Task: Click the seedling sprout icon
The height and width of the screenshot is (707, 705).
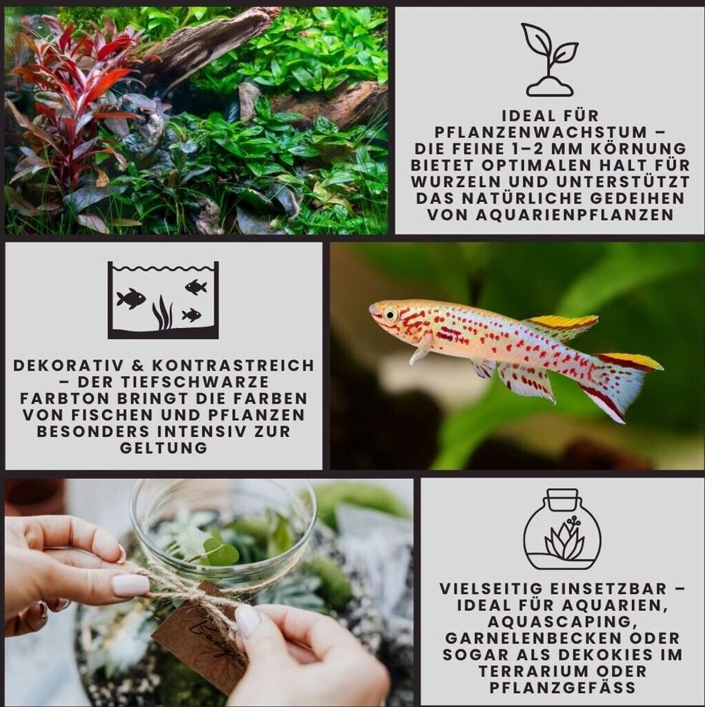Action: coord(550,59)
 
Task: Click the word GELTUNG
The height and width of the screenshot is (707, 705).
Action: coord(163,447)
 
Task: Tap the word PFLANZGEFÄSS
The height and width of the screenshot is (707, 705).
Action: coord(562,688)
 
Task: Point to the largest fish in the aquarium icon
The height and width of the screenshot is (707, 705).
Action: coord(131,298)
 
